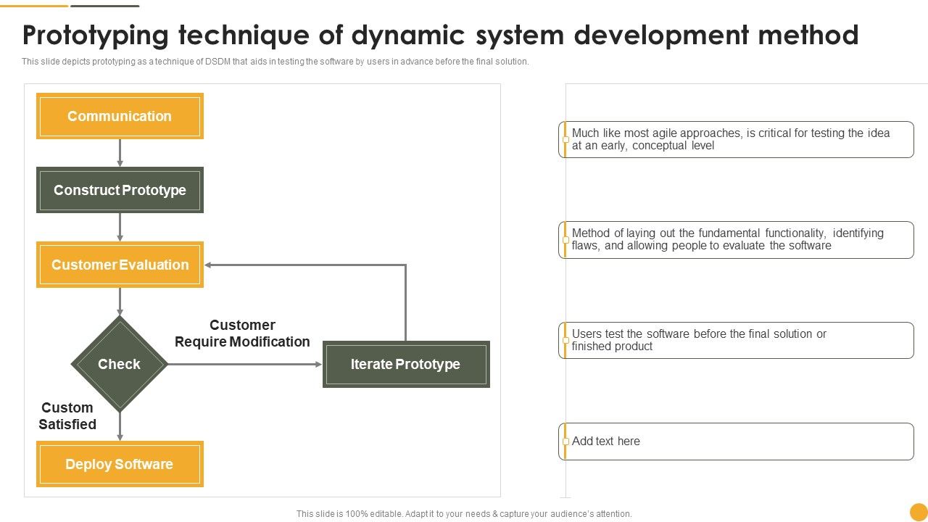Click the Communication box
[x=120, y=116]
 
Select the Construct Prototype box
[x=120, y=190]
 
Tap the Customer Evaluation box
[x=120, y=265]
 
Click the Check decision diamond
[x=120, y=364]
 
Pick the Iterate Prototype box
[x=405, y=364]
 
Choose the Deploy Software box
[x=120, y=464]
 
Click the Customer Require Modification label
[x=242, y=333]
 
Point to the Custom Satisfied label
[x=67, y=416]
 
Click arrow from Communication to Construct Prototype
[x=120, y=152]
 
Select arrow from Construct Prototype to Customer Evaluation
[x=120, y=227]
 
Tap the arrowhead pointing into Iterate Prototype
[x=318, y=364]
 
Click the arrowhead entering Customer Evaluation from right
[x=209, y=265]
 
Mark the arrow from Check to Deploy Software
[x=120, y=426]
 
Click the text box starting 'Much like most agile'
[x=736, y=139]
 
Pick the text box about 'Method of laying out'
[x=736, y=239]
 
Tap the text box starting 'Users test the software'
[x=736, y=340]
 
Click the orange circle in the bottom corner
[x=919, y=512]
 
